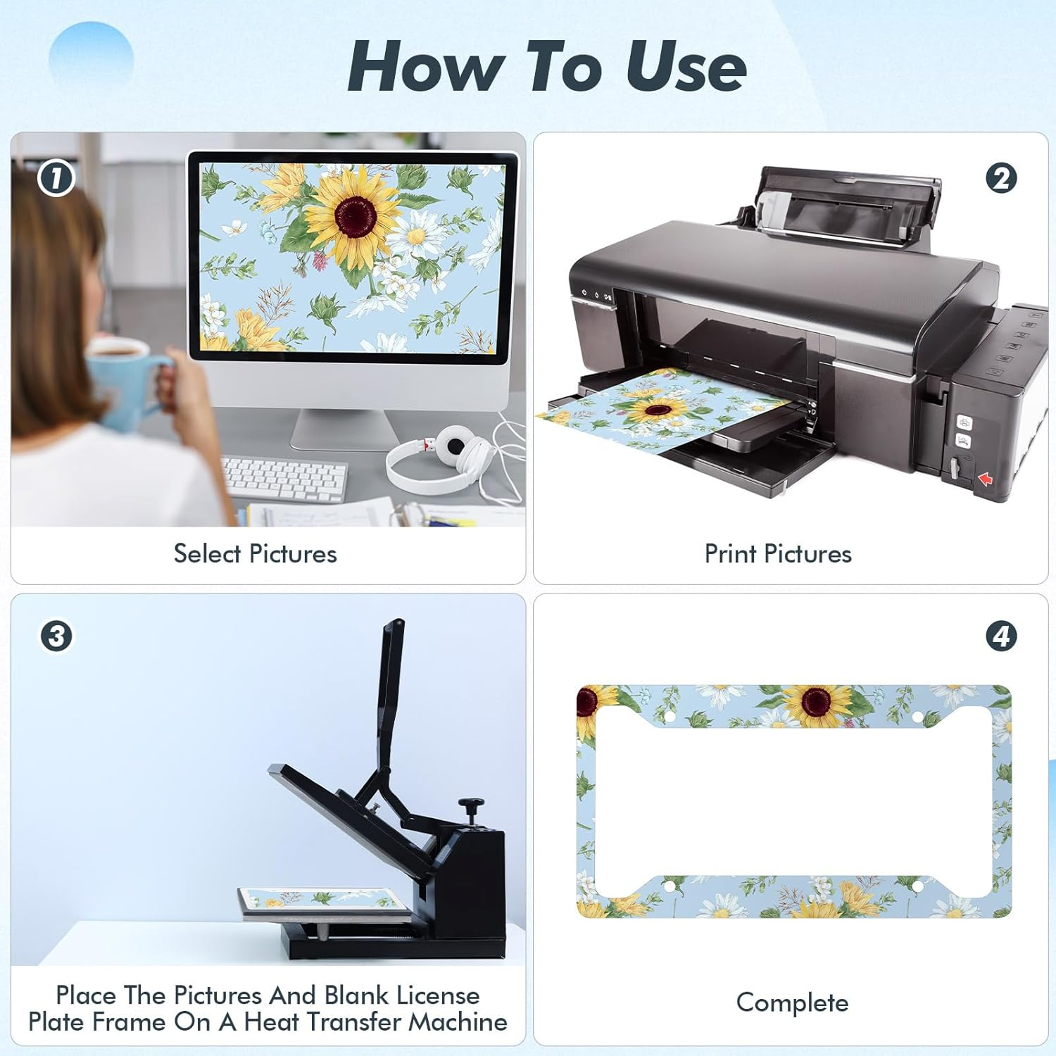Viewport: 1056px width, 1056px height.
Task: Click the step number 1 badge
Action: coord(56,178)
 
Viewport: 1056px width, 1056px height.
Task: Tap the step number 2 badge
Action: coord(1001,178)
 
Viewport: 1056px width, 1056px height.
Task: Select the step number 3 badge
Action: coord(56,636)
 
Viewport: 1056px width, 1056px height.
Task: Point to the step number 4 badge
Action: coord(1001,636)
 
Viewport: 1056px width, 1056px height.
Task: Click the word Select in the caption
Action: coord(208,553)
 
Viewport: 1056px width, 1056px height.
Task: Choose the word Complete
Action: coord(792,1002)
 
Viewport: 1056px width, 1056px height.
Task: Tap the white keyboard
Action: coord(284,480)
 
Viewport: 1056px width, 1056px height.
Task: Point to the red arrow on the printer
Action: coord(985,479)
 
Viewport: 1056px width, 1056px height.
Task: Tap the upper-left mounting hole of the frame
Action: coord(670,717)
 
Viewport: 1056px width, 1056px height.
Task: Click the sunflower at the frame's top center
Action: coord(817,704)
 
